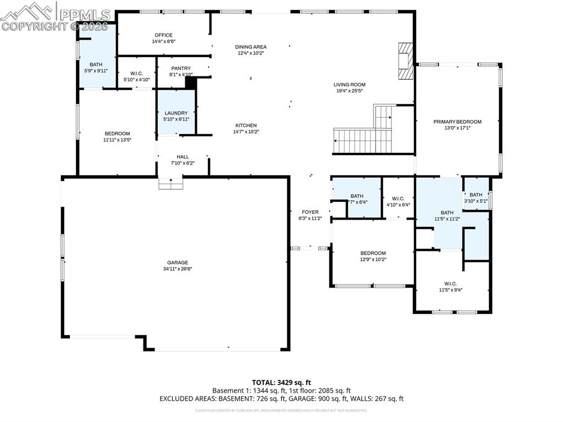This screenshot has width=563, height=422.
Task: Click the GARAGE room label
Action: coord(178,262)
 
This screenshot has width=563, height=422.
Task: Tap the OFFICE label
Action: coord(163,35)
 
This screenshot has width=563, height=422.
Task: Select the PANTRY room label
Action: coord(180,68)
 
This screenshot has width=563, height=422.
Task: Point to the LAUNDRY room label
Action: coord(176,113)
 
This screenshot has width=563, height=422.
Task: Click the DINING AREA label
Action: coord(251,47)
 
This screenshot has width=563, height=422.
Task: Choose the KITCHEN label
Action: coord(246,125)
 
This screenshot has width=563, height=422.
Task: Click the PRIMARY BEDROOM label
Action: coord(457,122)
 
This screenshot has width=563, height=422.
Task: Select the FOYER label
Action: coord(310,212)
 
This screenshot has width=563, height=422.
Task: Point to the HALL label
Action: coord(183,157)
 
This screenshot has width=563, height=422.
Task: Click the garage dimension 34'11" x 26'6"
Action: coord(178,269)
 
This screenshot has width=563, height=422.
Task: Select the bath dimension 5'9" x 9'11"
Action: coord(97,70)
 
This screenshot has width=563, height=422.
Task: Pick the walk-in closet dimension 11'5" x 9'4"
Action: coord(450,290)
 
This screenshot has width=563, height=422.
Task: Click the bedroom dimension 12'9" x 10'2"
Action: coord(373,259)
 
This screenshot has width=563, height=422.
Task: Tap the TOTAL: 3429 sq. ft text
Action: coord(281,382)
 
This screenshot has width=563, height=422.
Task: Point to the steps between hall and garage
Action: coord(171,184)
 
